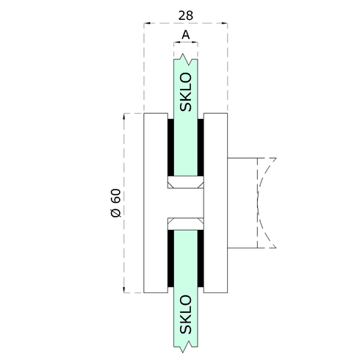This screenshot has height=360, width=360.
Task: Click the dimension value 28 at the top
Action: click(x=186, y=15)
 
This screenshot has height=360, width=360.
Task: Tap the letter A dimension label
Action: click(x=186, y=35)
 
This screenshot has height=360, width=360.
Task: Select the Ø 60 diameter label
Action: click(x=116, y=203)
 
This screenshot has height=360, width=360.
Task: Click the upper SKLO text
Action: click(x=186, y=92)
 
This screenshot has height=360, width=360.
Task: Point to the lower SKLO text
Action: click(x=186, y=314)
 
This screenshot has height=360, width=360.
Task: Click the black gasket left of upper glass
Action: click(x=170, y=148)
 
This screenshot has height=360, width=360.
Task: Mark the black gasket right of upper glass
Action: click(x=201, y=148)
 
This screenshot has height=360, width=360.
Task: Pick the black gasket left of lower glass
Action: click(x=170, y=259)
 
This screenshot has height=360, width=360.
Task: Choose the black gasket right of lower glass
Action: click(x=201, y=259)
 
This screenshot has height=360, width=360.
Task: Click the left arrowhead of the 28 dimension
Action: click(x=147, y=24)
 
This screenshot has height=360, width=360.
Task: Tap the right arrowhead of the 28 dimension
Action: click(x=225, y=24)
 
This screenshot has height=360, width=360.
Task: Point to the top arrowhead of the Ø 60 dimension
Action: click(x=124, y=116)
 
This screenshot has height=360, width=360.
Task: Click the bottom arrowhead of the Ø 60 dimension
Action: click(x=124, y=289)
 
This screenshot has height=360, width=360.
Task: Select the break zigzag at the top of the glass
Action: click(x=186, y=60)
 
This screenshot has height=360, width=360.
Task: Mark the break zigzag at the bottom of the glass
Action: click(x=186, y=347)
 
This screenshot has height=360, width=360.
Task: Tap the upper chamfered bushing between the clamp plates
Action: click(x=186, y=182)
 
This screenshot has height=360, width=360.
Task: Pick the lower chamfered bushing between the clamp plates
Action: click(x=186, y=223)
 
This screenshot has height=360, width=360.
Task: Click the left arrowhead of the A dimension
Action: click(x=176, y=43)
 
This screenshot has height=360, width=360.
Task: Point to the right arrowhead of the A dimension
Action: click(x=195, y=43)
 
